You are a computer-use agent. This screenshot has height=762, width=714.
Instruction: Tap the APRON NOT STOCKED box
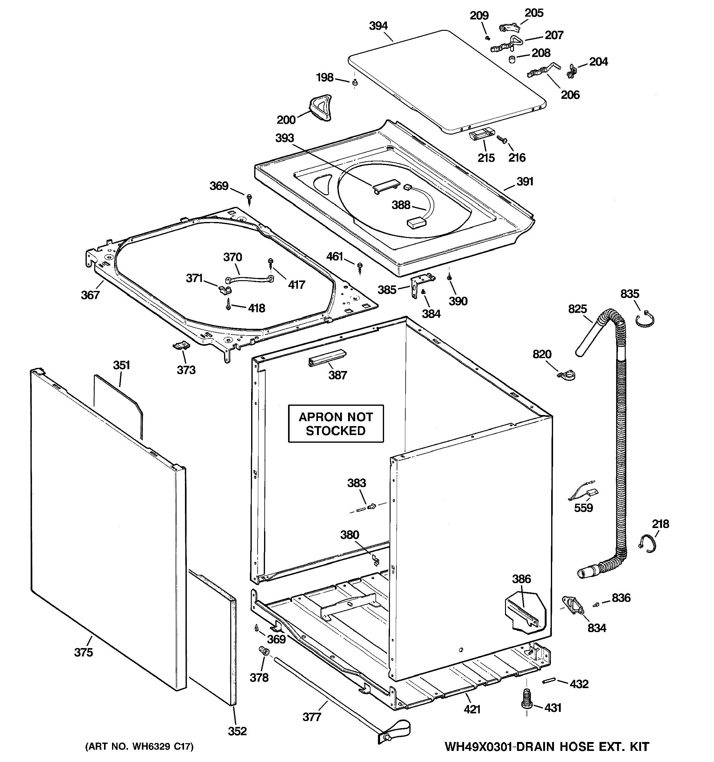tap(336, 424)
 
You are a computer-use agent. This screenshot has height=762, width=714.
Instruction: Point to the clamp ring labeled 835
tap(645, 321)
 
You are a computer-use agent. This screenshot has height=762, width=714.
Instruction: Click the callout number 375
tap(83, 652)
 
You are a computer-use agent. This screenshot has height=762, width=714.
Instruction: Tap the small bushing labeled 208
tap(511, 59)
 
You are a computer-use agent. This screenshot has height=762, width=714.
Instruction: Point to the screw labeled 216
tap(502, 139)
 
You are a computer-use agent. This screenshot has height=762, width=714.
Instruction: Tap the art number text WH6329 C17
tap(139, 746)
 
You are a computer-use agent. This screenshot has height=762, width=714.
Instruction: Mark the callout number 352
tap(237, 731)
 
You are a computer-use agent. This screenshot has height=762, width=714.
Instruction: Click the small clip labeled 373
tap(180, 346)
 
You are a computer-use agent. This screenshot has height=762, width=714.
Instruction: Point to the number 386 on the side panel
tap(521, 579)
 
